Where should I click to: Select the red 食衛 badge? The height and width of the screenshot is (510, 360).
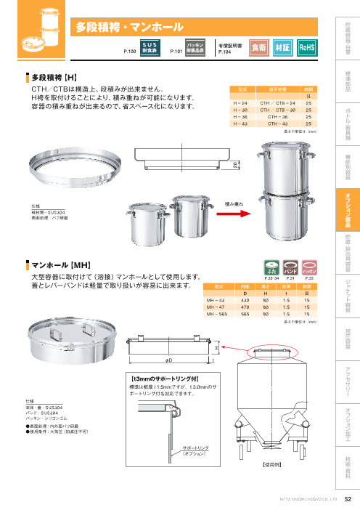point(258,47)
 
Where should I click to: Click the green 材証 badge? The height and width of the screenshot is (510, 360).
point(283,47)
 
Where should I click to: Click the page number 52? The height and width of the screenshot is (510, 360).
point(347,498)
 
